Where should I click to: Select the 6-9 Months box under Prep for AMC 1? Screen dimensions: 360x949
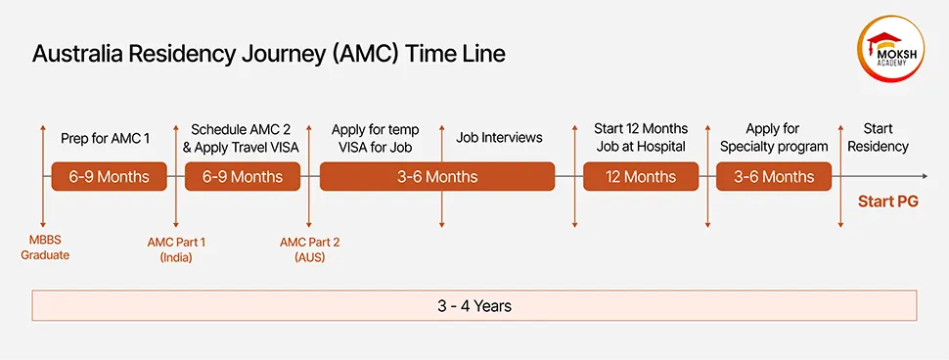(x=110, y=177)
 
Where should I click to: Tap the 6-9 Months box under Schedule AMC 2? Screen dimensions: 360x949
(x=243, y=177)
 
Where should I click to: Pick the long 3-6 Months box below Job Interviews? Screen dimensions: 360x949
(x=437, y=177)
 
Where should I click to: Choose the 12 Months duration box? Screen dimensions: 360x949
(x=641, y=177)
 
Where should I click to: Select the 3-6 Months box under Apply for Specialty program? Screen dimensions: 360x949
(x=774, y=177)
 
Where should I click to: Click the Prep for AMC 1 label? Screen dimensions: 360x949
(x=105, y=138)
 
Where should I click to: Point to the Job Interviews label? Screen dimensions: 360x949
(x=499, y=138)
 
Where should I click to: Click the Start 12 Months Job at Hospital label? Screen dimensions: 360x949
(x=641, y=138)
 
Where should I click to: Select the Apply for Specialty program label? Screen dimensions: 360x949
(x=774, y=138)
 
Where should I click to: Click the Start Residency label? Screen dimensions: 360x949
(x=878, y=138)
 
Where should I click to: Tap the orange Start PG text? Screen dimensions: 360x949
(x=888, y=202)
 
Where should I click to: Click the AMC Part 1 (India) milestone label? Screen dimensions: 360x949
(x=176, y=249)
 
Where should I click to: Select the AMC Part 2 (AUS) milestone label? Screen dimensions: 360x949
(x=309, y=249)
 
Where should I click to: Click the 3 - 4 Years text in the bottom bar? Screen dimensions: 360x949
(x=474, y=306)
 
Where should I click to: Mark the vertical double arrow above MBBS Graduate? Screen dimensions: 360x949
(x=42, y=176)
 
